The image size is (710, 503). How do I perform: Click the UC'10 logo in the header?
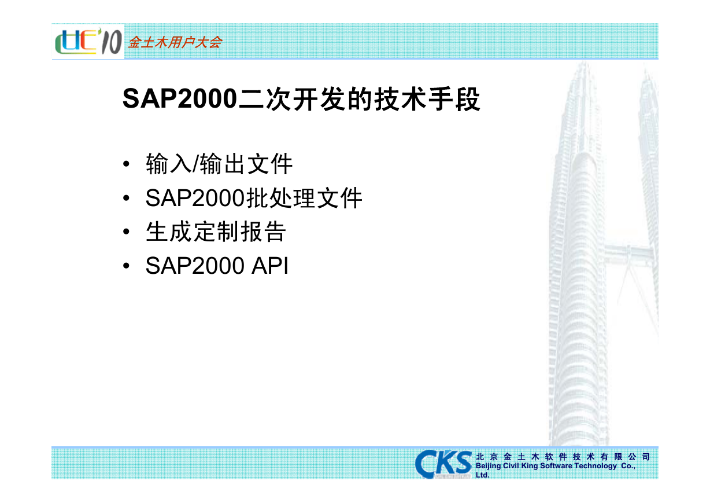tap(88, 42)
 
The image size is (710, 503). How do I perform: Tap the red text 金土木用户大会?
tap(175, 42)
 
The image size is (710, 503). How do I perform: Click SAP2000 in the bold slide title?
tap(180, 99)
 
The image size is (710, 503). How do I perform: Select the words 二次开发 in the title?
tap(291, 99)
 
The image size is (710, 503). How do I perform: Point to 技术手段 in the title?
tap(427, 99)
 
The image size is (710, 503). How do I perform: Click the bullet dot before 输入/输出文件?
tap(126, 164)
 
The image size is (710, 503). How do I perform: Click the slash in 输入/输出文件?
tap(195, 164)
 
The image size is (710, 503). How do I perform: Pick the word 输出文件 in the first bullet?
tap(246, 164)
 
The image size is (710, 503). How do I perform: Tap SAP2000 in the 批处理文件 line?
tap(195, 199)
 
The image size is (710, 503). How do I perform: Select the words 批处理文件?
tap(304, 198)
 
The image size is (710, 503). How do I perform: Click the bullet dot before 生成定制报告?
tap(126, 232)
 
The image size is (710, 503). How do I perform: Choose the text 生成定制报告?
tap(216, 232)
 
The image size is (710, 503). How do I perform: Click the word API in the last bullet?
tap(270, 266)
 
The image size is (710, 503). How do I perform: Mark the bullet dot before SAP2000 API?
tap(126, 266)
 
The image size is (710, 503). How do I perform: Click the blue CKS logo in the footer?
tap(443, 464)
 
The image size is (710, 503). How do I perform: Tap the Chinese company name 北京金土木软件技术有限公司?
tap(563, 457)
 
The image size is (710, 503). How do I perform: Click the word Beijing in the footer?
tap(489, 466)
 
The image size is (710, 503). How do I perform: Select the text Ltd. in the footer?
tap(482, 475)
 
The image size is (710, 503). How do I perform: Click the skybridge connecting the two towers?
tap(628, 252)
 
